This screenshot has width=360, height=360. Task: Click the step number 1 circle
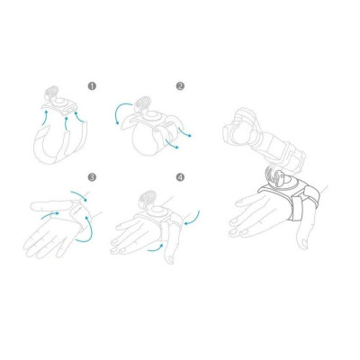(92, 86)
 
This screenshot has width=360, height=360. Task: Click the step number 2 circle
(180, 86)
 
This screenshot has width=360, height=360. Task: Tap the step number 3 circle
(92, 176)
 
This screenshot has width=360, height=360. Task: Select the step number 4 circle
(180, 176)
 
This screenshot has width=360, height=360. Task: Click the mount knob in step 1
(52, 94)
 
